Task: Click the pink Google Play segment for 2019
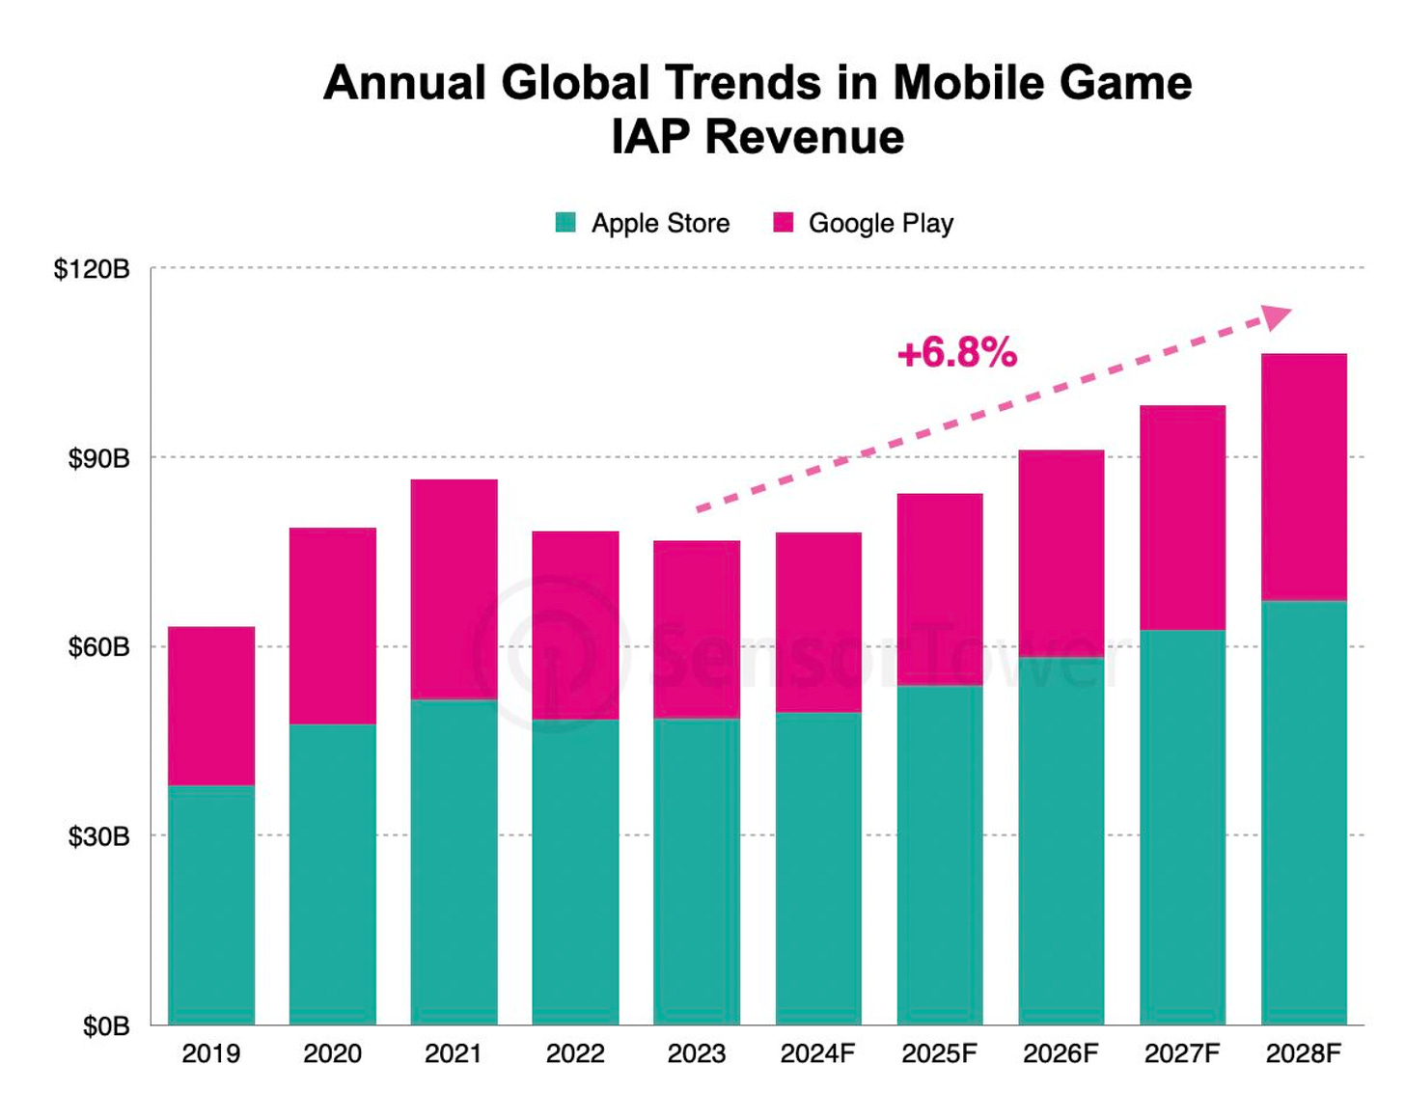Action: click(x=211, y=706)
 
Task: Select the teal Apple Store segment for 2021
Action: click(x=454, y=861)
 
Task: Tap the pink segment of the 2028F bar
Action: click(x=1304, y=478)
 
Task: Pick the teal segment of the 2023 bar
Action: click(x=697, y=871)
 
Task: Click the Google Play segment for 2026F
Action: click(x=1061, y=554)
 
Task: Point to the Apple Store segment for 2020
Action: click(x=333, y=874)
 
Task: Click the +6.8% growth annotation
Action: click(x=957, y=353)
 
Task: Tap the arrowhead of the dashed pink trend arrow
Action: click(x=1276, y=316)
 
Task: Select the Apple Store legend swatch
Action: click(x=566, y=223)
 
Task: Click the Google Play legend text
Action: click(x=881, y=224)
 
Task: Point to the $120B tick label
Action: click(x=92, y=269)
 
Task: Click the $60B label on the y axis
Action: click(x=98, y=647)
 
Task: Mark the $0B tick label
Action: click(x=106, y=1026)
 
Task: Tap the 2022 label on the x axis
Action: click(x=575, y=1053)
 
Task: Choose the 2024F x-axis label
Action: click(x=817, y=1053)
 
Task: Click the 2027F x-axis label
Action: click(x=1182, y=1053)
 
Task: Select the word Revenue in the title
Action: click(x=805, y=137)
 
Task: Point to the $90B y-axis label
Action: click(x=98, y=458)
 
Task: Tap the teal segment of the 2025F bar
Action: click(x=940, y=855)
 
